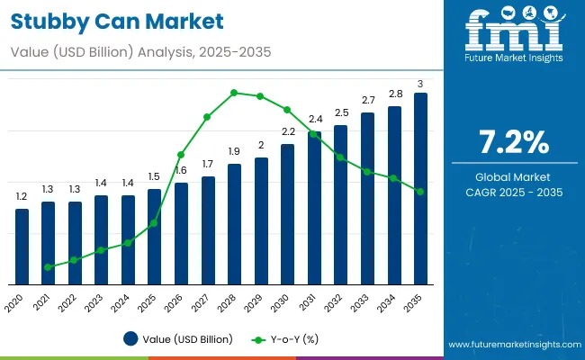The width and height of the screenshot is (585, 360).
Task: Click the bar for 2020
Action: point(22,246)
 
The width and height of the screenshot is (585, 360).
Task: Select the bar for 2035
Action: point(420,188)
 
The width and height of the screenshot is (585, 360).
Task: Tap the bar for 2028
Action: point(234,223)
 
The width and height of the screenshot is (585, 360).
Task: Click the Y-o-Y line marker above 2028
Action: point(234,92)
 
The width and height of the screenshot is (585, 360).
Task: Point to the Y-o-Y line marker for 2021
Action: point(48,267)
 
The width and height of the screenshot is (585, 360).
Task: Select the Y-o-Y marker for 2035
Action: point(420,191)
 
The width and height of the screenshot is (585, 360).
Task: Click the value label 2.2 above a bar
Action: point(288,131)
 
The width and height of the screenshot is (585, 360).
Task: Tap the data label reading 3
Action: point(420,84)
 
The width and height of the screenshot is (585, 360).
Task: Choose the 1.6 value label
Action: point(181,170)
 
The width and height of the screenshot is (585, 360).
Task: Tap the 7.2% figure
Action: point(513,143)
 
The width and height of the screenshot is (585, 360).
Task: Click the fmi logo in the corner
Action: point(513,36)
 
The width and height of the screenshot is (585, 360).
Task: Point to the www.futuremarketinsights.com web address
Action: point(511,345)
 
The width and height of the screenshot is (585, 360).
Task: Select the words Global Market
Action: point(513,177)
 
